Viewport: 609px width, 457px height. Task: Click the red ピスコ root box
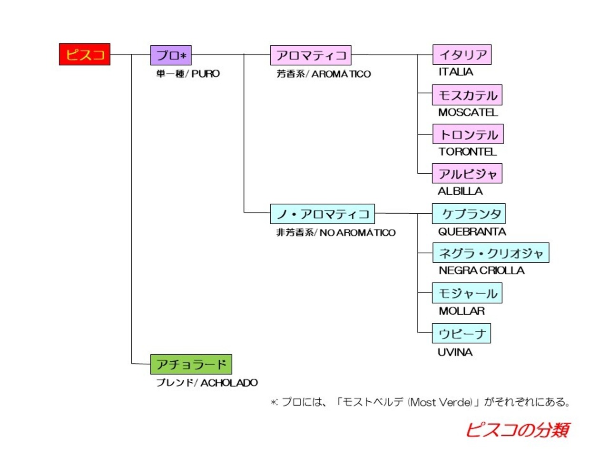[x=85, y=54]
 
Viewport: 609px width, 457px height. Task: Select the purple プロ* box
[x=171, y=55]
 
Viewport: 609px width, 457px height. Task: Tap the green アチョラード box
[x=191, y=364]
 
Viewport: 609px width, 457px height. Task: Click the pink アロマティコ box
[x=311, y=55]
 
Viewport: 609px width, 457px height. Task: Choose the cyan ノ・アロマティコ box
[x=323, y=214]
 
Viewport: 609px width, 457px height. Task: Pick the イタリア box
[x=462, y=54]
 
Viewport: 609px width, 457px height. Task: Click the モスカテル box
[x=467, y=95]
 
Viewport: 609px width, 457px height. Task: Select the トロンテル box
[x=468, y=134]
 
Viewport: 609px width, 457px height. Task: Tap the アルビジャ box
[x=467, y=173]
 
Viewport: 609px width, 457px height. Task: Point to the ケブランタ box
[x=469, y=214]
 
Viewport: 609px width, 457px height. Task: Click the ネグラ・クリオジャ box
[x=491, y=252]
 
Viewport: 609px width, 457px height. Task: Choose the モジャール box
[x=467, y=293]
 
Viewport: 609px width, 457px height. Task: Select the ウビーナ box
[x=462, y=333]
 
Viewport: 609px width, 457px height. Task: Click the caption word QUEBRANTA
[x=472, y=232]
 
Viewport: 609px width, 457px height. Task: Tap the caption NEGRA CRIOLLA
[x=481, y=270]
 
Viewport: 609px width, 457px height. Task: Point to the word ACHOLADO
[x=229, y=383]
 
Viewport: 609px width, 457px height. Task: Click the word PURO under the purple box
[x=206, y=74]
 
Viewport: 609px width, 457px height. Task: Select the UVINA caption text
[x=455, y=352]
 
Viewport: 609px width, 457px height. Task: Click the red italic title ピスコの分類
[x=518, y=430]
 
